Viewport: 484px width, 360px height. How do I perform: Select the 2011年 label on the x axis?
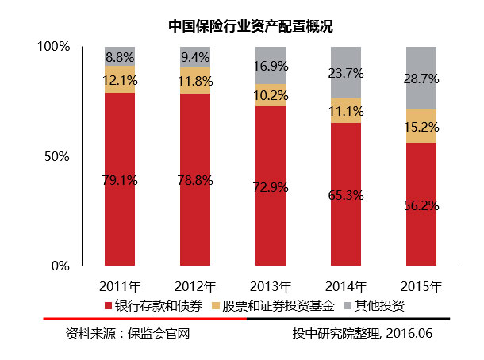point(120,286)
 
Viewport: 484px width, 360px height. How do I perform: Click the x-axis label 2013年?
point(271,286)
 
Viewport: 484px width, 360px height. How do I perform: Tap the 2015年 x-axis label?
point(421,286)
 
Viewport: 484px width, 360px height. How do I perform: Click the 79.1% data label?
point(120,180)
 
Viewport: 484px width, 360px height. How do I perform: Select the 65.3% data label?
point(346,194)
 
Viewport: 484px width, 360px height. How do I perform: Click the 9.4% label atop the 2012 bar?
point(195,57)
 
